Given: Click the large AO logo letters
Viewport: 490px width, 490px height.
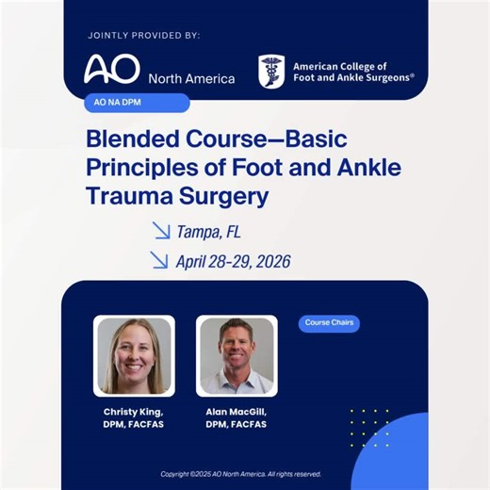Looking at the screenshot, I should (111, 70).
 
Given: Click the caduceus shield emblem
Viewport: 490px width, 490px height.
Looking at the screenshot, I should (271, 73).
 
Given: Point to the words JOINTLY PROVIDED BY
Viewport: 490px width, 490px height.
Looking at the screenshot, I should (143, 36).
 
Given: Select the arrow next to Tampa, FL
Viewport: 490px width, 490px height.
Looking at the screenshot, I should (161, 229).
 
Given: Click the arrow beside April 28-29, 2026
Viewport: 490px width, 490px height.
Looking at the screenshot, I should (161, 259).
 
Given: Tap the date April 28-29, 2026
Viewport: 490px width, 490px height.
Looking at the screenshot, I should (233, 260).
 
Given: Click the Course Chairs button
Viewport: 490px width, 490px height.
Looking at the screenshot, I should (331, 323).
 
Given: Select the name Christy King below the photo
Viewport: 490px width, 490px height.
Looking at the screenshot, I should (134, 412).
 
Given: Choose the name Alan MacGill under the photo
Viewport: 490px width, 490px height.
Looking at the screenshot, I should (236, 412).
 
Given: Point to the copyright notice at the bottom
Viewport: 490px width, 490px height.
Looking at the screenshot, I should (240, 474).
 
